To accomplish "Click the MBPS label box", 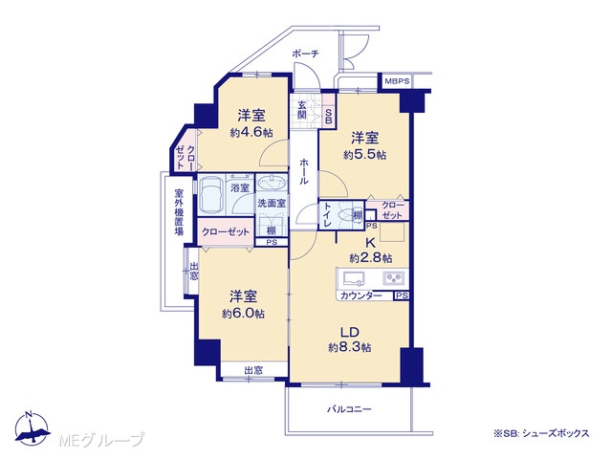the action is (398, 81).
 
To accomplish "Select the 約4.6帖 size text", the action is (251, 133).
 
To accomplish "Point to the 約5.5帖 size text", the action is (365, 155).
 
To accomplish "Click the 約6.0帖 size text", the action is (243, 314).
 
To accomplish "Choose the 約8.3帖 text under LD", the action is (350, 347).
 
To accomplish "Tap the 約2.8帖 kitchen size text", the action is (371, 258).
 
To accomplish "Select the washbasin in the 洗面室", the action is (272, 184).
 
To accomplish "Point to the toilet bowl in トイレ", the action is (344, 215).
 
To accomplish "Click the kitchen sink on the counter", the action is (354, 278).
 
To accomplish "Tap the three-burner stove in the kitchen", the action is (393, 278).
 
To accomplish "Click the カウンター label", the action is (361, 295).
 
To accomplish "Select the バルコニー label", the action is (349, 409).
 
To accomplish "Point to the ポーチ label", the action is (305, 54).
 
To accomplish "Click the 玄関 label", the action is (302, 110).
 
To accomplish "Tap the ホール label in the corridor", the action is (304, 171).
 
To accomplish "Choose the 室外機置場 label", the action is (179, 212).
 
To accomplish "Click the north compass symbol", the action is (32, 428).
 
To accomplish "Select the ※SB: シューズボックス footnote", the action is (541, 433).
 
